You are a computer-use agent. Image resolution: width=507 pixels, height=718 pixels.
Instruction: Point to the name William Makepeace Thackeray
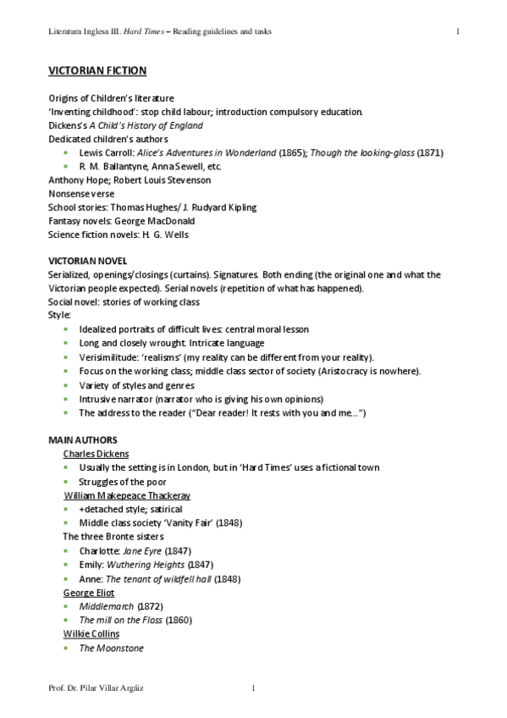pos(127,495)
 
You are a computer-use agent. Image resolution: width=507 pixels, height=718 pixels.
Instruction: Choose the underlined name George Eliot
pos(89,593)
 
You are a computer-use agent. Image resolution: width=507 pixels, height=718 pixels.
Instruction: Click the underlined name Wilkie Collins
pos(91,634)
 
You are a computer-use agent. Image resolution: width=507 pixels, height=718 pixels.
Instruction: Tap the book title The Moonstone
pos(111,649)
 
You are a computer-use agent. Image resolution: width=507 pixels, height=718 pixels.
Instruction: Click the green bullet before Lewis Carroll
pos(67,152)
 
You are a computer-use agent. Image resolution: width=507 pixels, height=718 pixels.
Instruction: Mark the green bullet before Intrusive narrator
pos(67,399)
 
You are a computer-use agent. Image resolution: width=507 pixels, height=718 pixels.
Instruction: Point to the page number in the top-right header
pos(457,32)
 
